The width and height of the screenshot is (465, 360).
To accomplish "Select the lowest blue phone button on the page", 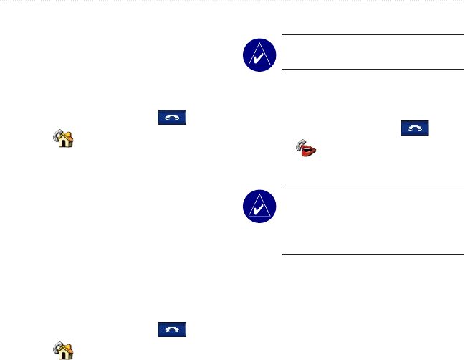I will tap(171, 330).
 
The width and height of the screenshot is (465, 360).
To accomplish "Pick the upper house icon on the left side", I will tap(64, 138).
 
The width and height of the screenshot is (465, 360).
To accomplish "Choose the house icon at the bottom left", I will tap(64, 351).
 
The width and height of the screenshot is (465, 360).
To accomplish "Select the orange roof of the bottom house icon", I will tap(64, 348).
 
